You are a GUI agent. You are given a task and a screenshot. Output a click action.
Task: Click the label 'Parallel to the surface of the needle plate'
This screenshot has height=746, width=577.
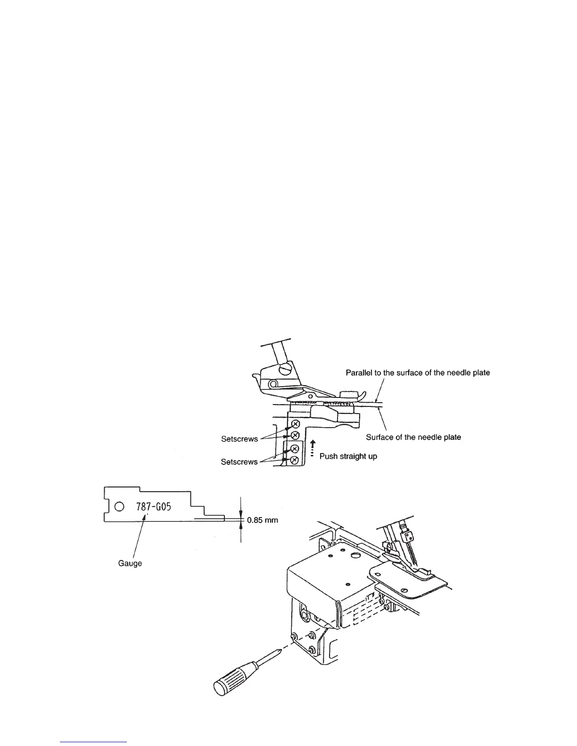coord(418,373)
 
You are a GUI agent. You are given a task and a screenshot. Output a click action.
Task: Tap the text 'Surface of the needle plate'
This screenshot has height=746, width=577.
coord(413,437)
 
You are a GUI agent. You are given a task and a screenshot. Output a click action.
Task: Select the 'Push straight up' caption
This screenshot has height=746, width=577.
coord(348,456)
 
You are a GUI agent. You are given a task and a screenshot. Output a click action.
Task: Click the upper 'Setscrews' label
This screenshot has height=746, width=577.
coord(239,439)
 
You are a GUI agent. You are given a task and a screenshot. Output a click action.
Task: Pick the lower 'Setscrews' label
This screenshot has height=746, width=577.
coord(239,462)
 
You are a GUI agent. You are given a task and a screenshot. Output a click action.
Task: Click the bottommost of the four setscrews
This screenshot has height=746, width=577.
coord(295,460)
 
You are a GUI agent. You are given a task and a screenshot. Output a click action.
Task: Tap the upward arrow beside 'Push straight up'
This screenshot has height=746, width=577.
coord(312,445)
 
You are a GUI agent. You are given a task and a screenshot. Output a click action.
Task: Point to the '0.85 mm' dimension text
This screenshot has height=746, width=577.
coord(263,520)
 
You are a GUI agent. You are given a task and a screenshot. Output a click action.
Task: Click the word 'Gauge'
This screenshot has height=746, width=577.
coord(130,563)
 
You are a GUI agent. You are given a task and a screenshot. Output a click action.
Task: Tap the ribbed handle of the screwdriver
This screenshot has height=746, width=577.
coord(230,679)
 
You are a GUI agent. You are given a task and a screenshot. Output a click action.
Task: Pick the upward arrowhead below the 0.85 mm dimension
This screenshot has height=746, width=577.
coord(241,526)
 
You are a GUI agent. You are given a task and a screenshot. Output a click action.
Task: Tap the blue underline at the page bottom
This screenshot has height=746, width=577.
coord(94,742)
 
